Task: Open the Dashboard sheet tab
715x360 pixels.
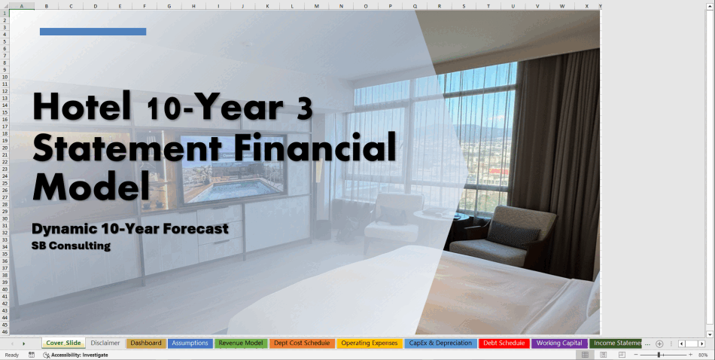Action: (146, 343)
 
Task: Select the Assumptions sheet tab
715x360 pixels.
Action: (190, 343)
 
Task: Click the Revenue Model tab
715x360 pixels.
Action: (241, 343)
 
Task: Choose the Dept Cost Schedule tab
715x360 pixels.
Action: (302, 343)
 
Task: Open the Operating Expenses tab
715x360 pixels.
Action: (370, 343)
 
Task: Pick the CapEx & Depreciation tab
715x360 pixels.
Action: (440, 343)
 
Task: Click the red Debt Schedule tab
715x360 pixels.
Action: (504, 343)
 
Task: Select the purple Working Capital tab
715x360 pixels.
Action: (559, 343)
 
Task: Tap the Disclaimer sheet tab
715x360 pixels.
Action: (105, 343)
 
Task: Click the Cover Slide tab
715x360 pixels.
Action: (63, 343)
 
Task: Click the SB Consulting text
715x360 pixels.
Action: (71, 246)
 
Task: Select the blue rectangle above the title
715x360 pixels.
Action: (93, 32)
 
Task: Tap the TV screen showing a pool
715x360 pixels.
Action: (233, 169)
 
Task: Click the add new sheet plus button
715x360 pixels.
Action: (659, 343)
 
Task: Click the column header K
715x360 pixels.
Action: (267, 6)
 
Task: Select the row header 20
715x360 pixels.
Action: (5, 148)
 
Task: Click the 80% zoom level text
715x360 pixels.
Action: (703, 355)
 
